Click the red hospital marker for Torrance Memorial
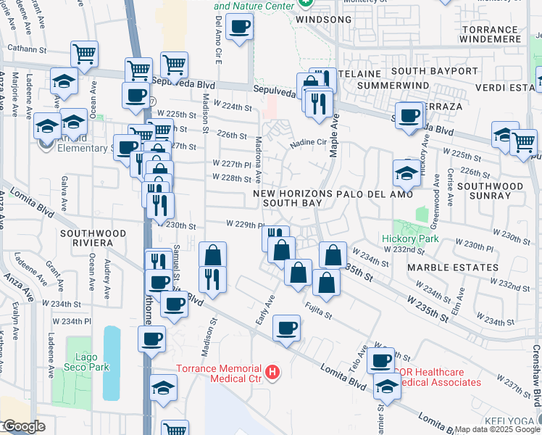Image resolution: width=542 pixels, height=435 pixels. coord(272,373)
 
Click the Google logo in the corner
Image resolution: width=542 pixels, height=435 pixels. coord(23,426)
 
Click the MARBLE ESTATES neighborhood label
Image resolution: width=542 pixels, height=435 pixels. coord(452,268)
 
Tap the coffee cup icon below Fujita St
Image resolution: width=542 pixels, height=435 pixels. coord(287,328)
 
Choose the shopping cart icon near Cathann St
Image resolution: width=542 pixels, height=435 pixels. coord(85,53)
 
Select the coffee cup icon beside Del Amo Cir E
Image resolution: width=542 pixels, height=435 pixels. coord(239,28)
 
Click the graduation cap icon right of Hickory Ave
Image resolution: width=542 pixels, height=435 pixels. coord(406,173)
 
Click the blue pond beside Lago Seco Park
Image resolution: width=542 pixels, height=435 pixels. coord(112,362)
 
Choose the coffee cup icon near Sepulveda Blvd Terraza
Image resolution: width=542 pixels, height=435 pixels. coord(409,115)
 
